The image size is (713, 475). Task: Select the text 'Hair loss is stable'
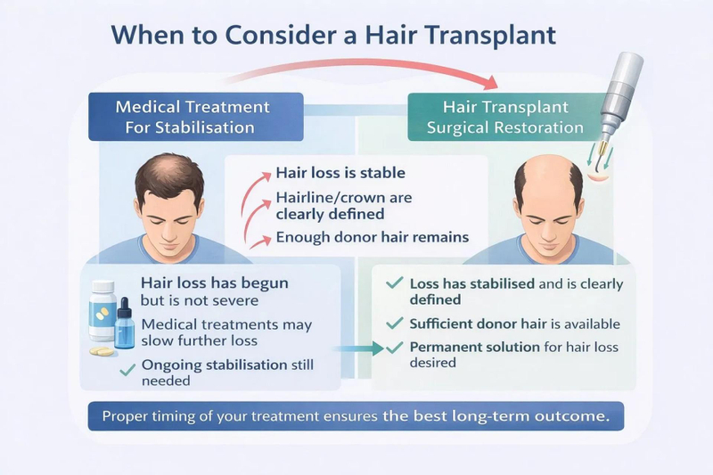point(340,173)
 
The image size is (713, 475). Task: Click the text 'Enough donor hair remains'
point(372,238)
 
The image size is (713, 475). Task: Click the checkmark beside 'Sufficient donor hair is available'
point(393,323)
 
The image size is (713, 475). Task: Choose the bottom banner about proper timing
point(356,416)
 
